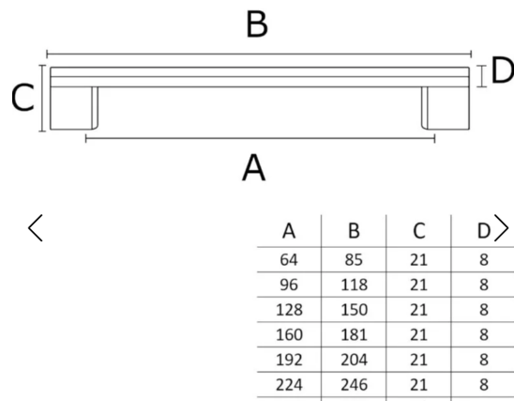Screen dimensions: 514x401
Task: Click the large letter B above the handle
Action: coord(257,24)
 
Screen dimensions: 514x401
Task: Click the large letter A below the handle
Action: coord(254,168)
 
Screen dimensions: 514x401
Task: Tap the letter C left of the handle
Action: coord(23,98)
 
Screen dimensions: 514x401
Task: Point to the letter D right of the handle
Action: coord(502,70)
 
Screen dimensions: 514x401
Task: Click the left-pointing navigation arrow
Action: coord(36,228)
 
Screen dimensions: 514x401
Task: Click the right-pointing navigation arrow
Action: coord(501,228)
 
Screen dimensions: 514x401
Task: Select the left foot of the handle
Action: coord(74,108)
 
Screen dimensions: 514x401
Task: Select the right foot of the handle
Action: coord(446,108)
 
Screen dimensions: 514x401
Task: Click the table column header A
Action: coord(289,231)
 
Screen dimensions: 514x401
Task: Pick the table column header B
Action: coord(354,231)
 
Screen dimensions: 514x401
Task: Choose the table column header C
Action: coord(419,231)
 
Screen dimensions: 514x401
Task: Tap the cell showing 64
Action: coord(289,260)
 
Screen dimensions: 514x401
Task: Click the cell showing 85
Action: coord(354,260)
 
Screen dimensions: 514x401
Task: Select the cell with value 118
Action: coord(354,285)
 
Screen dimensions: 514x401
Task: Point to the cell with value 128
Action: coord(289,310)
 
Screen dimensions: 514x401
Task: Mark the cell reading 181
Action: coord(354,334)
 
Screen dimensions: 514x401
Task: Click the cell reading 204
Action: coord(354,360)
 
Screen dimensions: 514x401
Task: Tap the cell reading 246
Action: coord(354,385)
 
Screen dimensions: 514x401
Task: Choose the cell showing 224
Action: coord(289,385)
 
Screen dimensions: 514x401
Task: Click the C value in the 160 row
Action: coord(418,334)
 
